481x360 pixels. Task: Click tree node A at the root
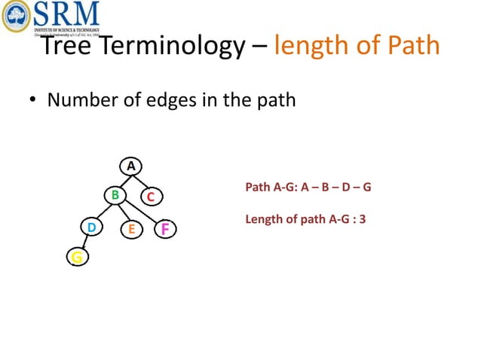click(x=130, y=166)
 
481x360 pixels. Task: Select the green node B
click(x=115, y=196)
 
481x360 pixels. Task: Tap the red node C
click(x=151, y=197)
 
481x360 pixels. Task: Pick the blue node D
click(x=91, y=227)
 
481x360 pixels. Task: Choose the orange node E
click(x=130, y=228)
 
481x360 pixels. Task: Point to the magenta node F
click(x=164, y=228)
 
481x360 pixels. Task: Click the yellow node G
click(x=77, y=258)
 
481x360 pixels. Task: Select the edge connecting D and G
click(x=84, y=243)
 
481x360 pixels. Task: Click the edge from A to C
click(x=141, y=182)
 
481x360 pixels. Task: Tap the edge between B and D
click(x=103, y=212)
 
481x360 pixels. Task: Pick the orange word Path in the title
click(x=410, y=46)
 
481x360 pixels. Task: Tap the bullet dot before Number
click(x=33, y=101)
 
